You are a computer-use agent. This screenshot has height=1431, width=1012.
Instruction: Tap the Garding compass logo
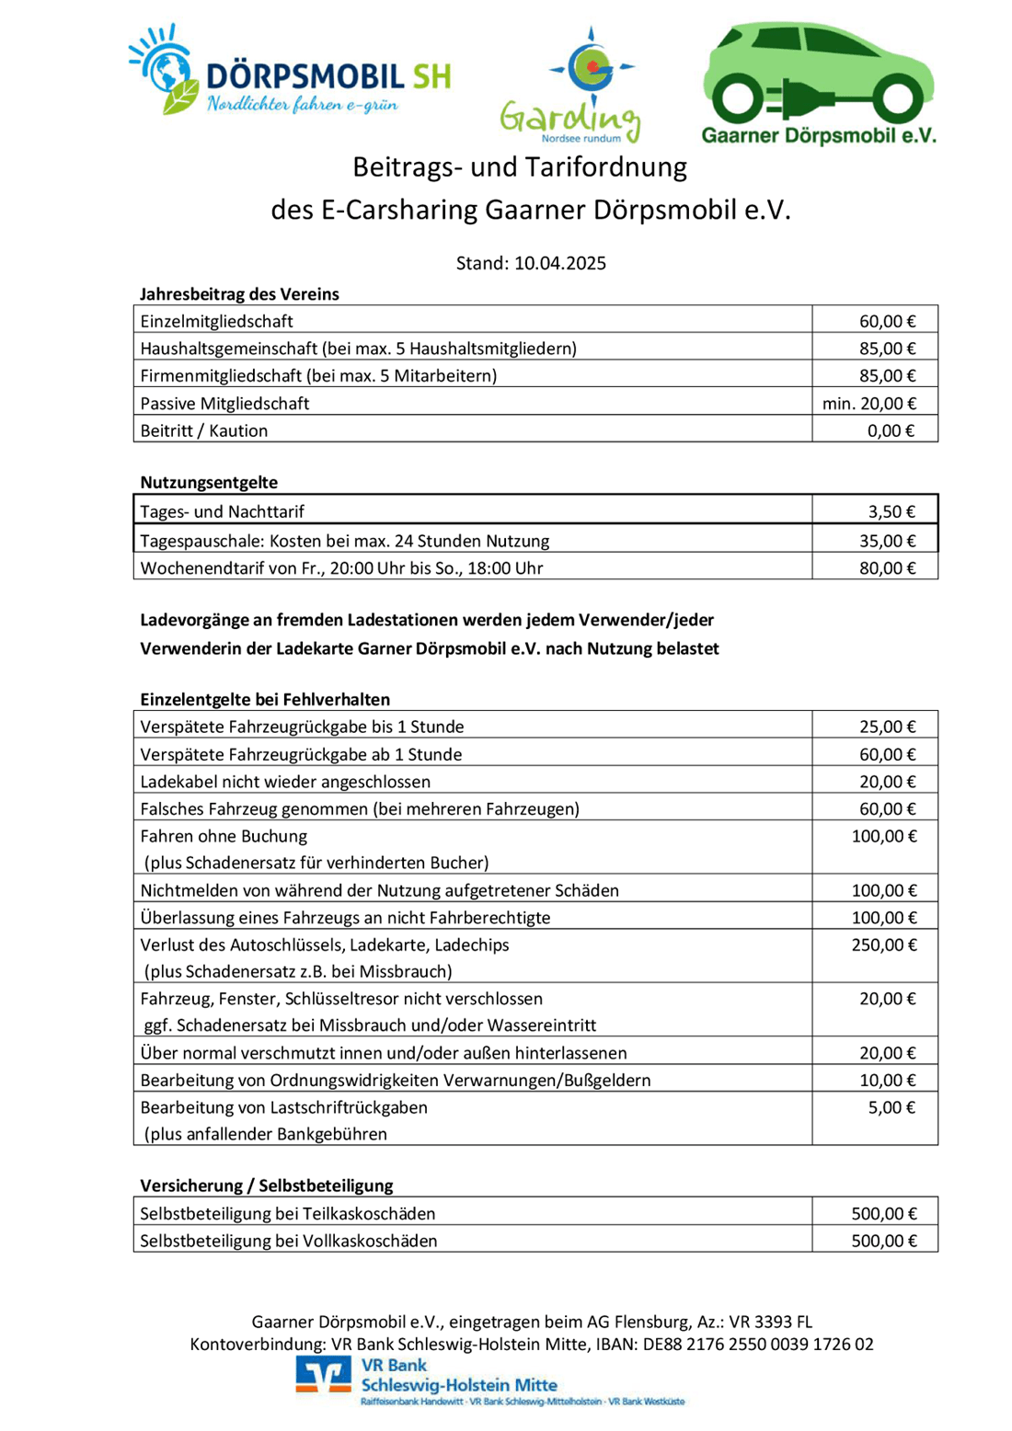point(591,68)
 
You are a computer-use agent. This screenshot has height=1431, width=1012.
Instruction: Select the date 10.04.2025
point(560,263)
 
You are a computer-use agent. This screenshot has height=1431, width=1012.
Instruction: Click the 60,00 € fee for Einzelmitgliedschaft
point(887,321)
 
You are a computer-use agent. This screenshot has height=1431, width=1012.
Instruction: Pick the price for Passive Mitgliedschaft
point(869,403)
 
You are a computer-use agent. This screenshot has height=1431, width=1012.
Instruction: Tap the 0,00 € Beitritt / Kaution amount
point(891,430)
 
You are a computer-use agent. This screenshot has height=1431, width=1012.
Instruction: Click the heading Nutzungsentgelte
point(209,482)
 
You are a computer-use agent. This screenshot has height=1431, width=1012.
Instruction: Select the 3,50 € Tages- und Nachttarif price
point(891,511)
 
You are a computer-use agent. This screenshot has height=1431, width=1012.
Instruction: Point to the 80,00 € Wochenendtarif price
point(887,567)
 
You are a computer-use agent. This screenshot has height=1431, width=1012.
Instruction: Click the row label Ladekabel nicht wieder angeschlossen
point(285,782)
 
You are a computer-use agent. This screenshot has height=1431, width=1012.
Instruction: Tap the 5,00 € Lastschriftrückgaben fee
point(891,1107)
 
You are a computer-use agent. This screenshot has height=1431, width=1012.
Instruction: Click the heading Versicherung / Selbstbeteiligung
point(267,1185)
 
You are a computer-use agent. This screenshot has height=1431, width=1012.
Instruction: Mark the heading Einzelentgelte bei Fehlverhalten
point(265,699)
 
